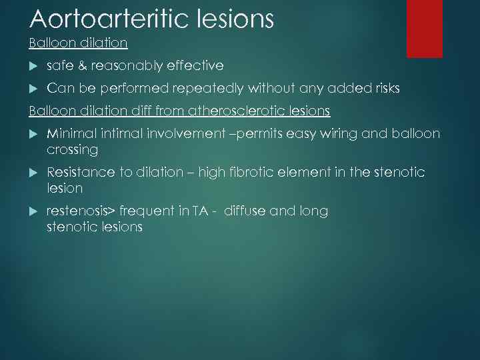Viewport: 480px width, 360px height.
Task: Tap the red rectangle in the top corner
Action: click(x=425, y=28)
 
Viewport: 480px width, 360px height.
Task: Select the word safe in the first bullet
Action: click(x=59, y=65)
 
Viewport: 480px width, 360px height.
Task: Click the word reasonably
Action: click(x=125, y=65)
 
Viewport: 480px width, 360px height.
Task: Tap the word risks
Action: click(x=384, y=88)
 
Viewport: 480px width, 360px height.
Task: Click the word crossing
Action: click(x=72, y=150)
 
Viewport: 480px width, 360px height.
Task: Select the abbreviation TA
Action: click(x=199, y=211)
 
